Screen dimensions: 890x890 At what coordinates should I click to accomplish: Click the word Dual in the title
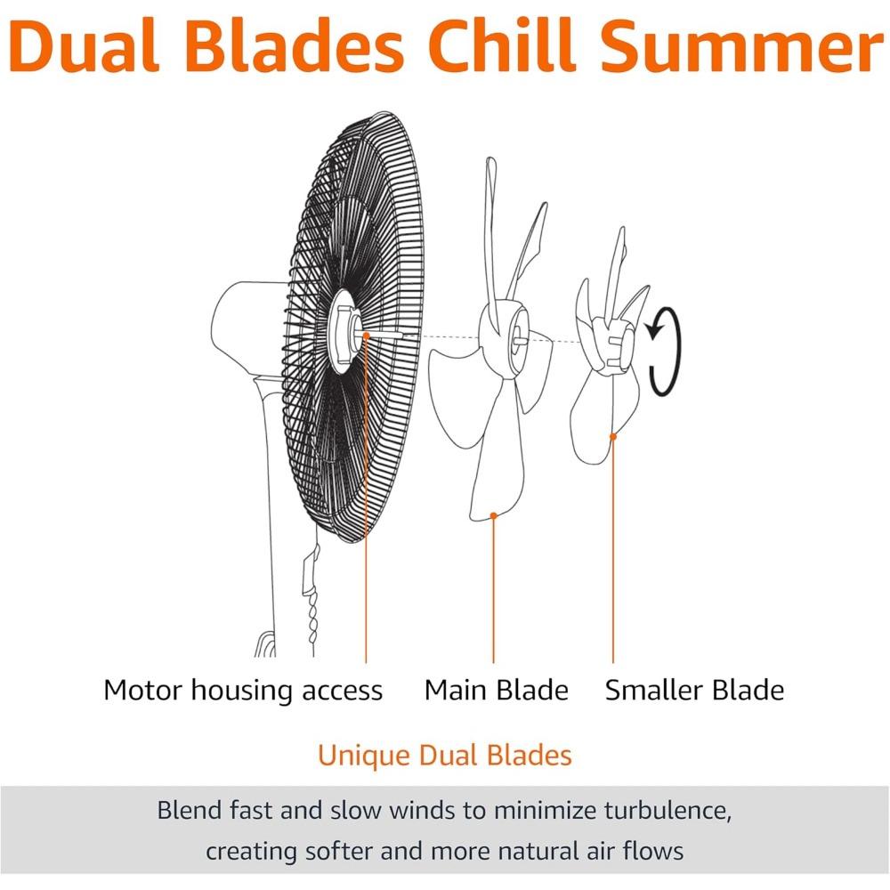pyautogui.click(x=84, y=46)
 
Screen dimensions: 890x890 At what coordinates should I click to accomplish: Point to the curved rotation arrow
pyautogui.click(x=676, y=352)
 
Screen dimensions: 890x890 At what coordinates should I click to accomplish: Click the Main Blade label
pyautogui.click(x=496, y=691)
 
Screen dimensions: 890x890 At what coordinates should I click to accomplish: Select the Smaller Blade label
pyautogui.click(x=694, y=691)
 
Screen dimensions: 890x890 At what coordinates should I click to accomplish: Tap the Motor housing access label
pyautogui.click(x=243, y=692)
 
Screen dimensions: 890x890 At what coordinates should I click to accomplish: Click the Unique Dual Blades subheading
pyautogui.click(x=444, y=756)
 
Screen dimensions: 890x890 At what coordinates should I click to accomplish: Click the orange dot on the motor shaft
pyautogui.click(x=366, y=336)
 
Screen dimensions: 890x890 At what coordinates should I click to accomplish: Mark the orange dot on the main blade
pyautogui.click(x=493, y=515)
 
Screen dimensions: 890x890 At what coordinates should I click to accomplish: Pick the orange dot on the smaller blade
pyautogui.click(x=613, y=436)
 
